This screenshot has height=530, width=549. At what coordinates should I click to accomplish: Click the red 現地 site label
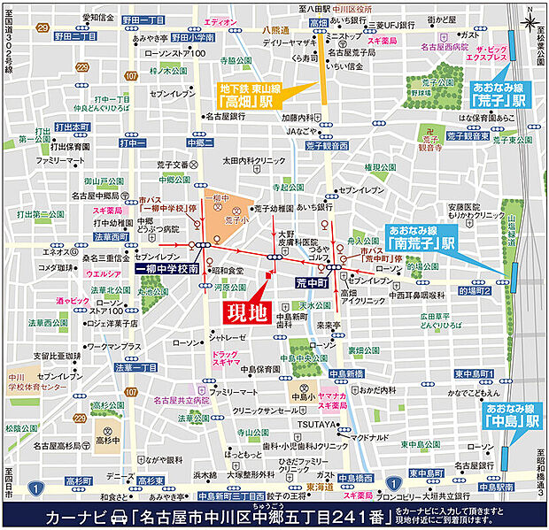tap(243, 312)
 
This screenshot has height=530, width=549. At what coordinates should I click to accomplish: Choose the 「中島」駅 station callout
tap(511, 415)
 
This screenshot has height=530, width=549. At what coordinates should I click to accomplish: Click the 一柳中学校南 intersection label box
tap(166, 266)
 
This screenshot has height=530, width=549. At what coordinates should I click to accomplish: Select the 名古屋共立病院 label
tap(182, 400)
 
